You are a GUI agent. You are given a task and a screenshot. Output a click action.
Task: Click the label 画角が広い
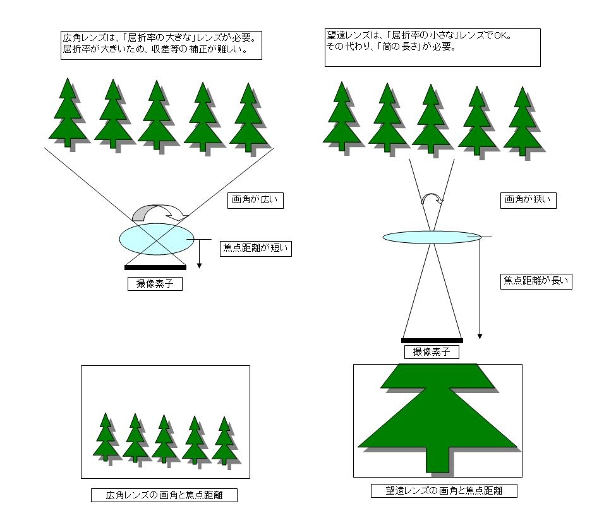255,200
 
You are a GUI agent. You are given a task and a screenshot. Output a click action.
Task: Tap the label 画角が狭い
528,200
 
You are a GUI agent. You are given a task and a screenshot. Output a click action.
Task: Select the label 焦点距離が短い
256,249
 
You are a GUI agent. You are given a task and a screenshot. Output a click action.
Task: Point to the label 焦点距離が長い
536,281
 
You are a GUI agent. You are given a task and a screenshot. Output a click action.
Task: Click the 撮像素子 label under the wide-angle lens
155,283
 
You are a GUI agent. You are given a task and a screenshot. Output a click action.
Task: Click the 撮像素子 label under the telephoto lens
432,352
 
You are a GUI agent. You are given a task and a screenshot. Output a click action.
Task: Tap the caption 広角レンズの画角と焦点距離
164,495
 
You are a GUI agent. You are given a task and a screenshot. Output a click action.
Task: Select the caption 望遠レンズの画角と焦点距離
444,491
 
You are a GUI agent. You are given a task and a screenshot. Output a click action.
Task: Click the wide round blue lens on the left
157,239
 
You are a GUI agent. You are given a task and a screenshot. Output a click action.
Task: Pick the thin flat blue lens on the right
432,237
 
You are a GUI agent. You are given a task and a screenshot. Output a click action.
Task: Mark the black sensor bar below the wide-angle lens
155,267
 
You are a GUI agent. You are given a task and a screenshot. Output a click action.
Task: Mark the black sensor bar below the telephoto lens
432,341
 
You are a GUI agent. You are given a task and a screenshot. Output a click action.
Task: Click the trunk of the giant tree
438,459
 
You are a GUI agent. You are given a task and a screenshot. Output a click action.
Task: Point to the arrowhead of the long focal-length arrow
480,336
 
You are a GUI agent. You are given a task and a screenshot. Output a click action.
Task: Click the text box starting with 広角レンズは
161,45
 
